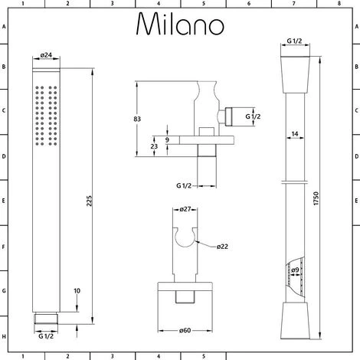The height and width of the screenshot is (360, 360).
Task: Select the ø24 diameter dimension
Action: click(45, 55)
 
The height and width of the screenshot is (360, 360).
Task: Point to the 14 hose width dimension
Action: click(294, 134)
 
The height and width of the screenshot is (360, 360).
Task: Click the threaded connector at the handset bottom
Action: click(46, 317)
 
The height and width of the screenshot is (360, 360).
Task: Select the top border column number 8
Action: click(339, 4)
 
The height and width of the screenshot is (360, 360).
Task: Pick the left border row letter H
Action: click(4, 337)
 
